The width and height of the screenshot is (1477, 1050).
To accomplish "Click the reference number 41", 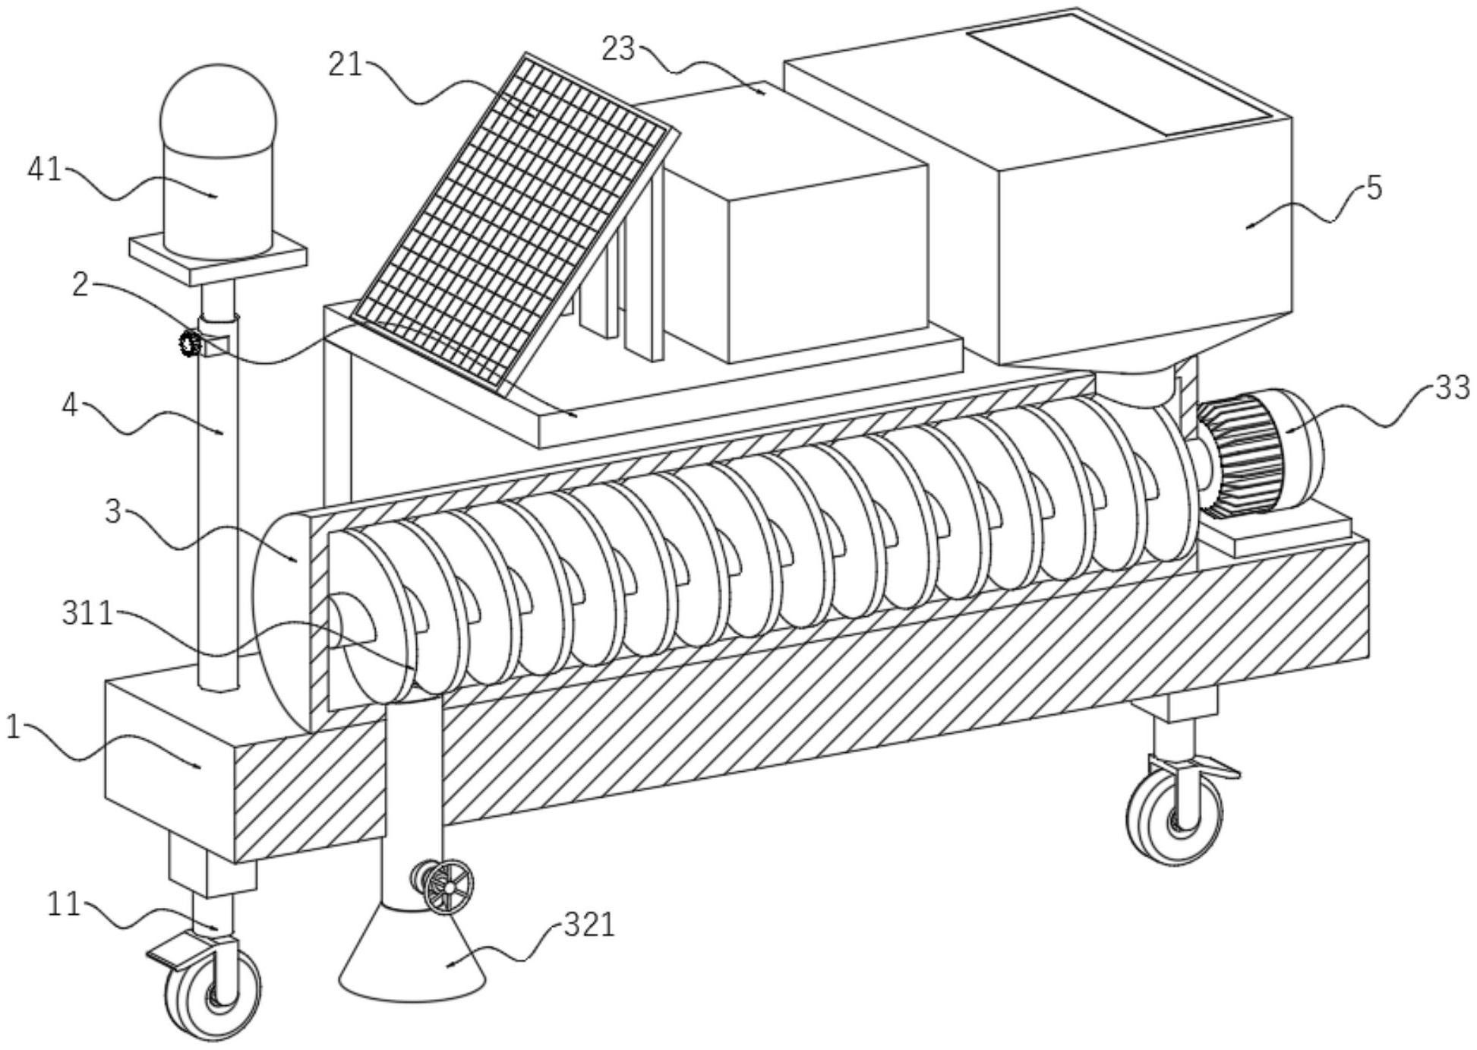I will (x=43, y=169).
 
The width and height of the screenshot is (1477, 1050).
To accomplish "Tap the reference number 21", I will (x=346, y=65).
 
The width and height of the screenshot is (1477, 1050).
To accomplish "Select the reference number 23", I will (x=617, y=49).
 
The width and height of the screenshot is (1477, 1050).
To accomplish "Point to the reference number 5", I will (x=1374, y=187).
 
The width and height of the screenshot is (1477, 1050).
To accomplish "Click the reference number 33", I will (x=1453, y=388).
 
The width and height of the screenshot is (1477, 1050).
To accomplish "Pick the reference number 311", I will (x=87, y=612).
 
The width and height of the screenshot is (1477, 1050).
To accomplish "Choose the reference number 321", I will (x=589, y=925).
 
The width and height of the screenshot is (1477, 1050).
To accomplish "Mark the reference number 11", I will (x=64, y=904).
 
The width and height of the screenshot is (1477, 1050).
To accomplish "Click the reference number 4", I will (x=70, y=405).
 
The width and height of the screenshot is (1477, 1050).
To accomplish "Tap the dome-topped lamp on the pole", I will (x=218, y=161).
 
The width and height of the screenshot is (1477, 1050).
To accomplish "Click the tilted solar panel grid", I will (x=510, y=220).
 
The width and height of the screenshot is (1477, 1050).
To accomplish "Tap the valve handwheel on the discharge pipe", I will (x=448, y=887).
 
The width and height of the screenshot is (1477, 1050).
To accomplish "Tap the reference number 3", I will (x=112, y=511).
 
